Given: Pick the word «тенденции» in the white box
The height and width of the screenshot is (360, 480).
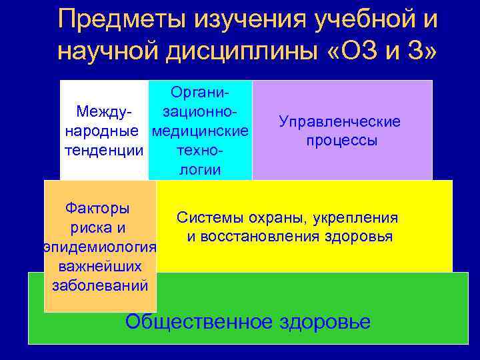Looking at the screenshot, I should pyautogui.click(x=103, y=150).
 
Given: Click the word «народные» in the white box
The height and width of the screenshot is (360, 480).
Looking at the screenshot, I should pyautogui.click(x=103, y=129).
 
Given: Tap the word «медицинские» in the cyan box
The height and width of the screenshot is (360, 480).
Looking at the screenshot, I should pyautogui.click(x=200, y=129).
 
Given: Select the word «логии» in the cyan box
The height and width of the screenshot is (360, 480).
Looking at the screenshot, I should pyautogui.click(x=200, y=169).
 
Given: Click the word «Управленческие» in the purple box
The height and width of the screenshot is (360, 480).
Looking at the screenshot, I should pyautogui.click(x=340, y=122).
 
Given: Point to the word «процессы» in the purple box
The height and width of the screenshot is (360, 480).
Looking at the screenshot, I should pyautogui.click(x=342, y=141).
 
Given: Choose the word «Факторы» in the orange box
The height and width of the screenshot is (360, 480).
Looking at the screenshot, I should pyautogui.click(x=98, y=208).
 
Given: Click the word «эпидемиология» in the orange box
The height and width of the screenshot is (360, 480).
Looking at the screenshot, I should pyautogui.click(x=99, y=247).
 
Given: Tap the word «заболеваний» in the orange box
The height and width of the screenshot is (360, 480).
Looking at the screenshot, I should pyautogui.click(x=99, y=287).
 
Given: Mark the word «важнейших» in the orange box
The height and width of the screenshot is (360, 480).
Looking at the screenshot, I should pyautogui.click(x=99, y=267).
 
